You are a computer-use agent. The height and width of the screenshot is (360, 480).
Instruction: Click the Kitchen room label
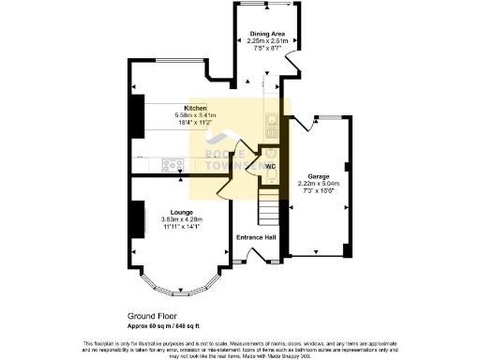(195, 108)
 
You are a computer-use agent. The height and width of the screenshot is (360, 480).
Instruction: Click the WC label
(269, 167)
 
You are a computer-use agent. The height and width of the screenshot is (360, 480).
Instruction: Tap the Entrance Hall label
(256, 237)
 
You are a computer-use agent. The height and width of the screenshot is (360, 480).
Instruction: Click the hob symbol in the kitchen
(172, 165)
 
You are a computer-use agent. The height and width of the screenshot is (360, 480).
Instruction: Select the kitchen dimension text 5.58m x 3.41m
(195, 115)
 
